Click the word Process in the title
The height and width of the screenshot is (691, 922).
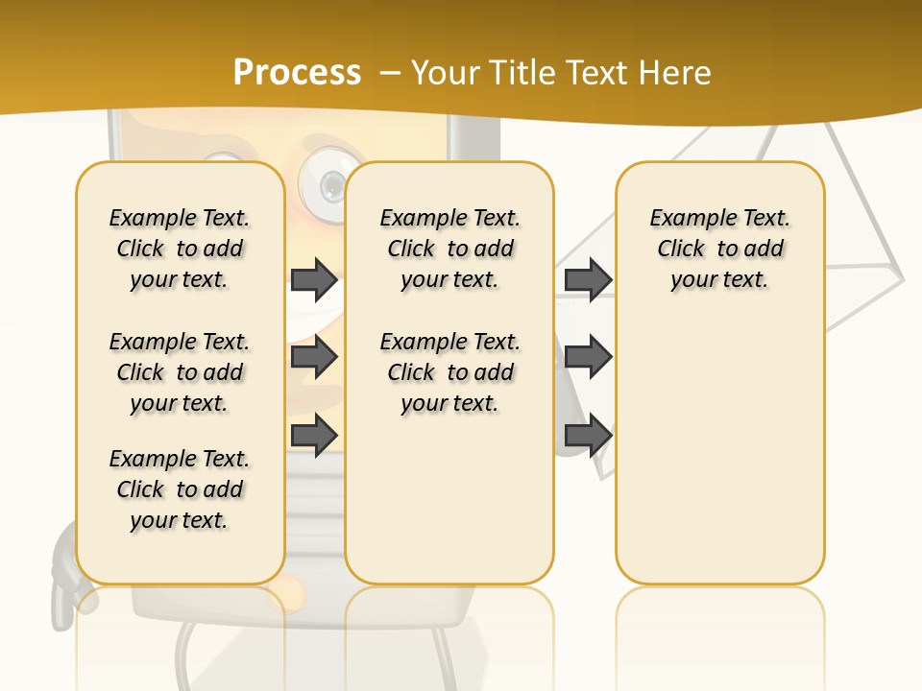coord(297,73)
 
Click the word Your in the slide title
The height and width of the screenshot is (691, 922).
coord(446,73)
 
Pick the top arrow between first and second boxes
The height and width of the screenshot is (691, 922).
coord(314,280)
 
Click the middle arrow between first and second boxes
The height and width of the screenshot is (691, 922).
coord(314,357)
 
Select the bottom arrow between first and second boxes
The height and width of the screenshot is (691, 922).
coord(314,435)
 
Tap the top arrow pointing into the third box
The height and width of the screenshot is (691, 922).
coord(588,280)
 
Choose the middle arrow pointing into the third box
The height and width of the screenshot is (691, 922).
coord(588,357)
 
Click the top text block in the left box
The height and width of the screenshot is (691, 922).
coord(180,249)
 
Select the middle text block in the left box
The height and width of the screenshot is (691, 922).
coord(180,372)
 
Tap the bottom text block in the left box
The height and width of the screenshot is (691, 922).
coord(180,489)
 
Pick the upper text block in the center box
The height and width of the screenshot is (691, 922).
coord(449,249)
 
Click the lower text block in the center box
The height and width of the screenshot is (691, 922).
coord(449,372)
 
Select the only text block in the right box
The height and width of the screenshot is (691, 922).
coord(719,249)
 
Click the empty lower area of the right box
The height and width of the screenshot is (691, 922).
coord(719,461)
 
